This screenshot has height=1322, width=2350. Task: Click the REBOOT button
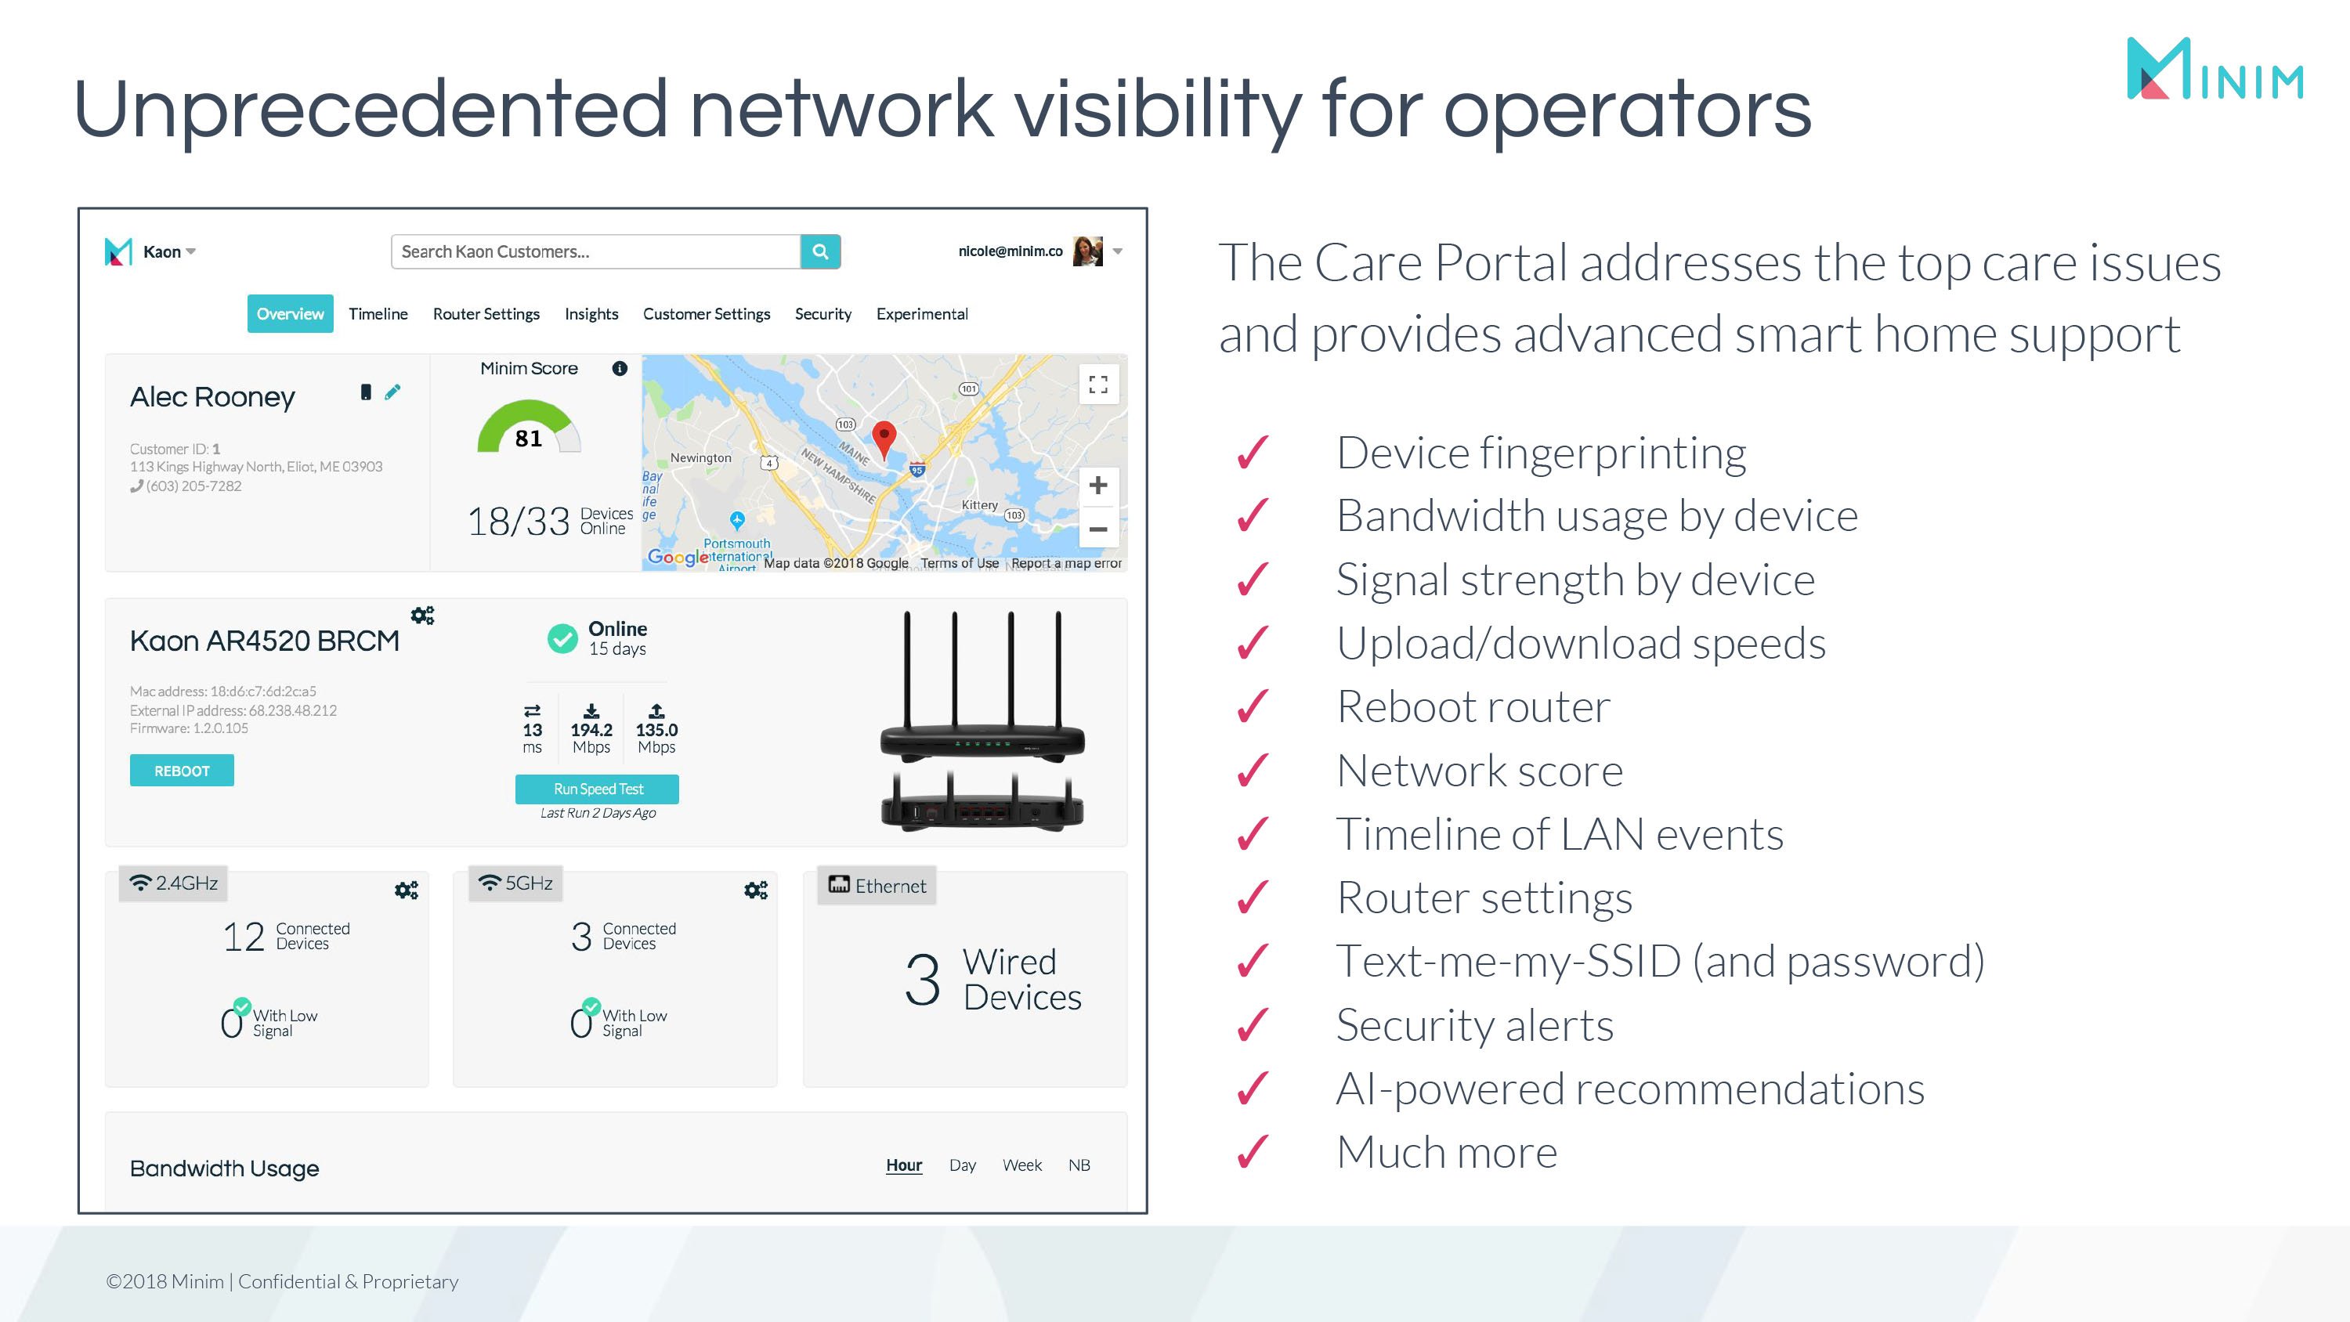[x=182, y=770]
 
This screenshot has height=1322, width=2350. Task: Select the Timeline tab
[x=378, y=314]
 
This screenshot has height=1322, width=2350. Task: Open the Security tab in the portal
[x=822, y=314]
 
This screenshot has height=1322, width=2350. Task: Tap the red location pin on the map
[x=883, y=437]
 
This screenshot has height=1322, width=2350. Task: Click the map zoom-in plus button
[x=1097, y=486]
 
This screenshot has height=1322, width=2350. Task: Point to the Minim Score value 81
[x=528, y=438]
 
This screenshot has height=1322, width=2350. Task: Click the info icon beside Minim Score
[x=620, y=369]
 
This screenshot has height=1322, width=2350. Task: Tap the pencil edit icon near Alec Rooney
[x=392, y=392]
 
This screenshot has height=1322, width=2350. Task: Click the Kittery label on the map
[x=979, y=504]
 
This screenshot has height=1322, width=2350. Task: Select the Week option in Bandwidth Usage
[x=1021, y=1165]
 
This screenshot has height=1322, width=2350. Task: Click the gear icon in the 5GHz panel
[x=755, y=890]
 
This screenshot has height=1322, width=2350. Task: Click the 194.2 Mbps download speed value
[x=591, y=730]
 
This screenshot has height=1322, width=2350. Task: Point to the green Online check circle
[x=562, y=638]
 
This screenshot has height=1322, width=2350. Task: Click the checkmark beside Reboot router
[x=1253, y=706]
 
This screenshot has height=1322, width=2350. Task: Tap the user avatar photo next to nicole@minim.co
[x=1087, y=251]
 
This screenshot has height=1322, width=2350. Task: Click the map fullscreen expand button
[x=1098, y=384]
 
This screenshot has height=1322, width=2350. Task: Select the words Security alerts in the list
[x=1474, y=1024]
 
